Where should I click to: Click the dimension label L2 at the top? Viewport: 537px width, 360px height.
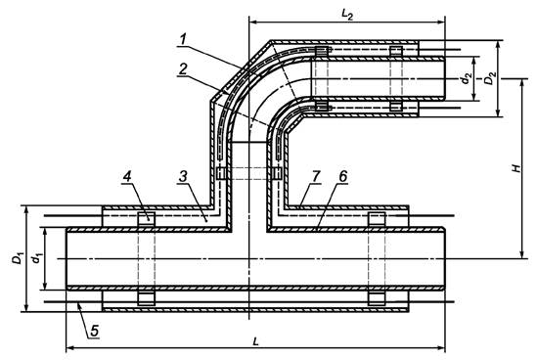347,14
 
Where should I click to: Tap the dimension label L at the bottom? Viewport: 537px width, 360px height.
254,341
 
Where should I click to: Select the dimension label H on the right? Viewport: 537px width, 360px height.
516,168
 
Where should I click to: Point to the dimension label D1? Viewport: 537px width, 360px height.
18,258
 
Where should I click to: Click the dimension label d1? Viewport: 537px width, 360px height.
36,258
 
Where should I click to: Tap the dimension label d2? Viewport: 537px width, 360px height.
466,79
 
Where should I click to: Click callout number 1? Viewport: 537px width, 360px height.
183,40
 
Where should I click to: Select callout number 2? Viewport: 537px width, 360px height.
183,69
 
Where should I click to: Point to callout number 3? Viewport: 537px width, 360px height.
183,176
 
